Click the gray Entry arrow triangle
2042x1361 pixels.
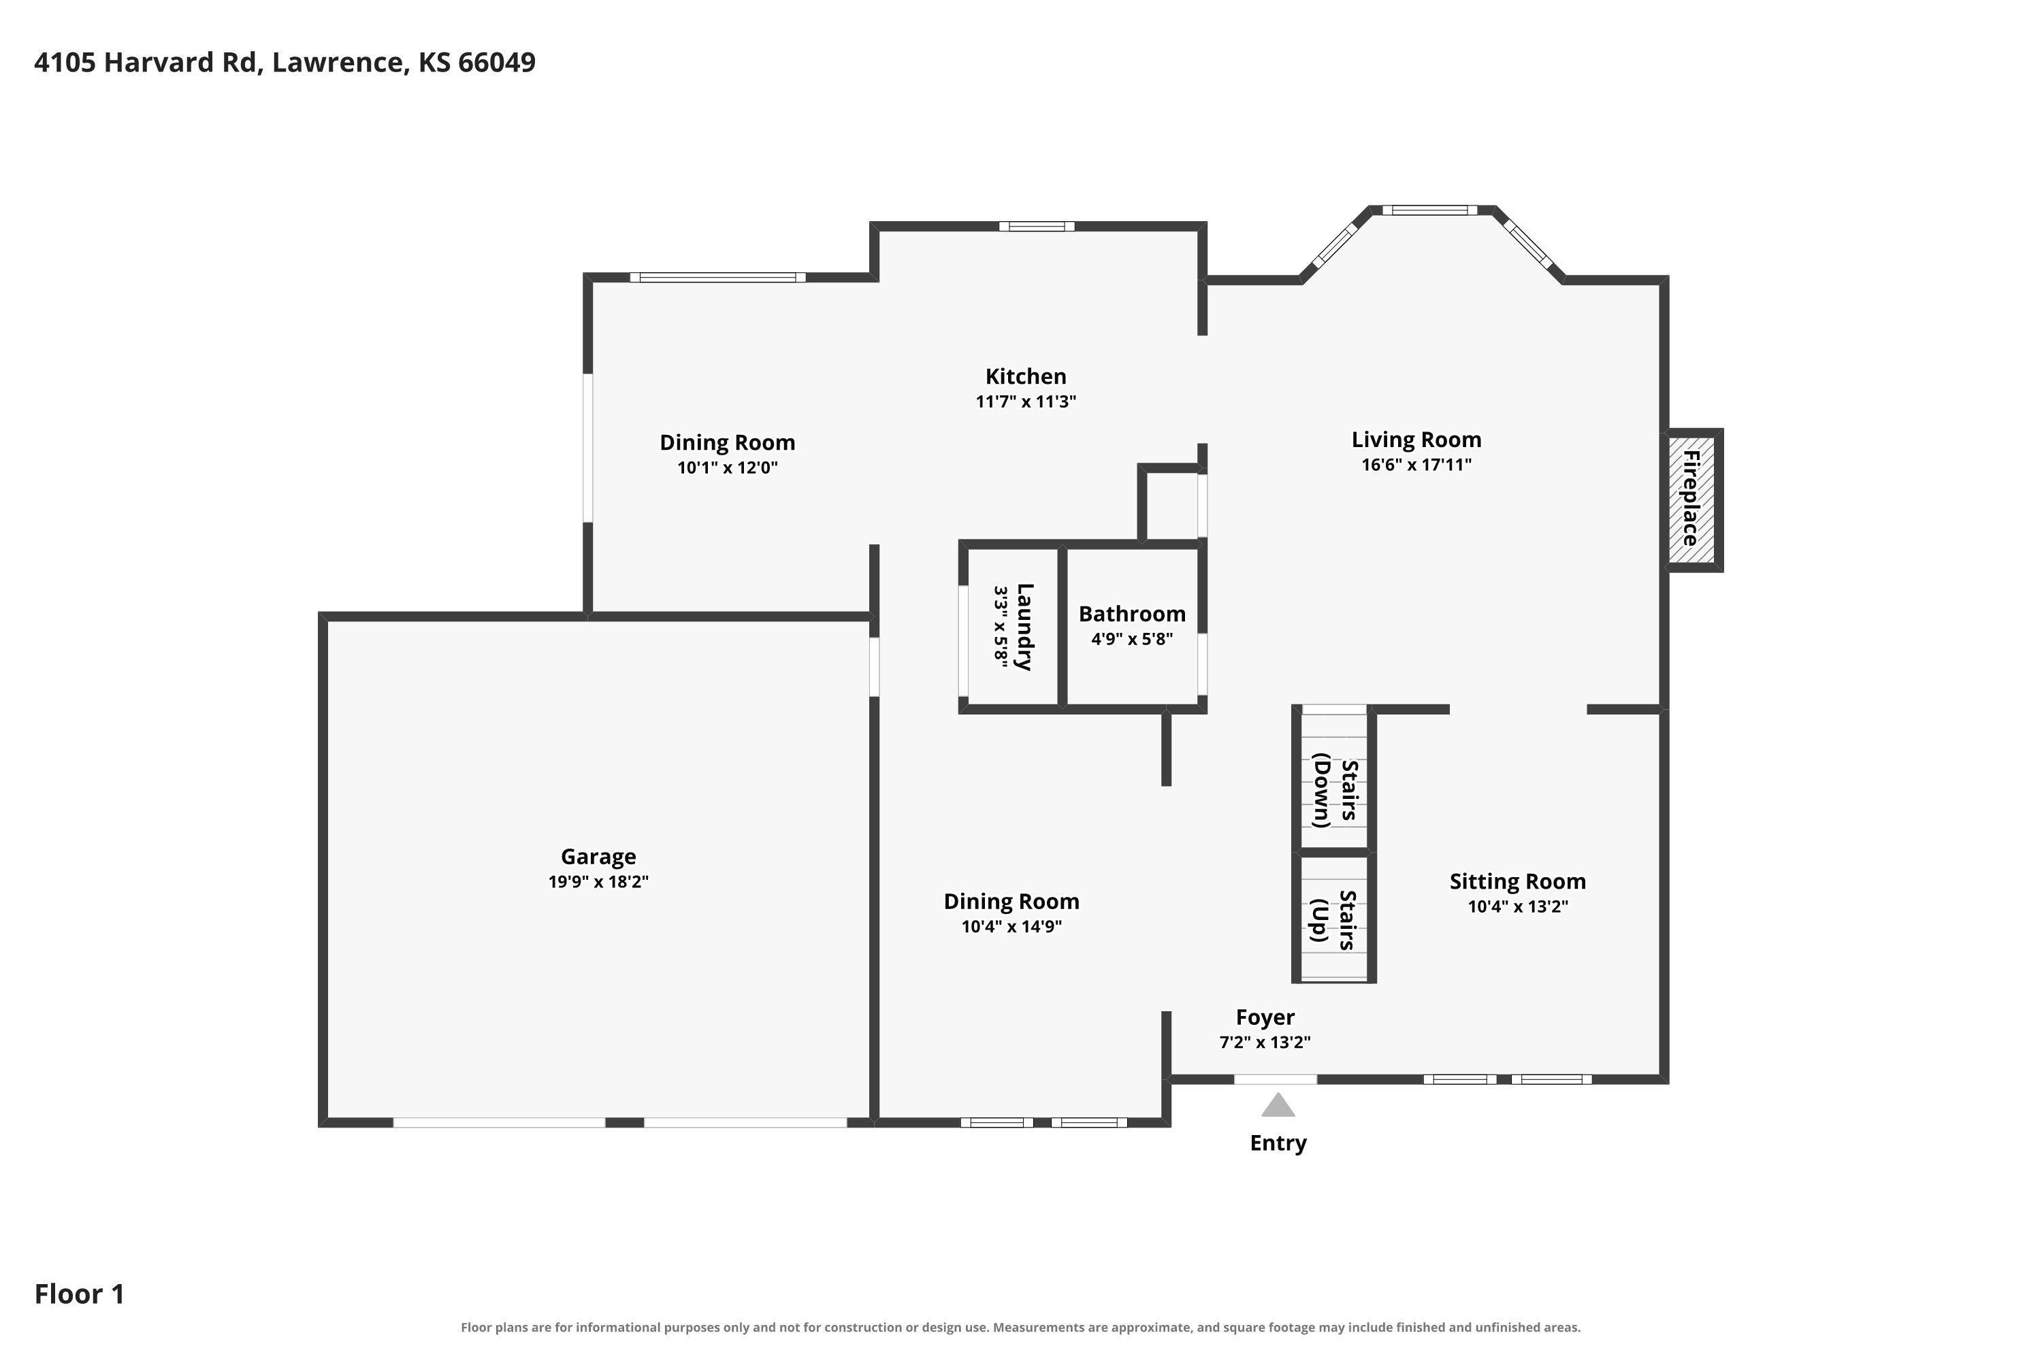click(x=1278, y=1105)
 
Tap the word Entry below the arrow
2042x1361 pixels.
click(x=1278, y=1143)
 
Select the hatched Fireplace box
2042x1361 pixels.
click(x=1691, y=499)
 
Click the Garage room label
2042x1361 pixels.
click(x=598, y=857)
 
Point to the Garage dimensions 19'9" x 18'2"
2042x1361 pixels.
click(x=598, y=882)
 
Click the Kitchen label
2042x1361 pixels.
click(x=1025, y=377)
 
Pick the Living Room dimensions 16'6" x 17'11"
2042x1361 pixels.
click(x=1416, y=464)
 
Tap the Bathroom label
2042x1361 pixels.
click(x=1132, y=614)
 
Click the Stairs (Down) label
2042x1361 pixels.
click(x=1335, y=790)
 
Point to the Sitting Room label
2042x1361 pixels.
click(x=1518, y=882)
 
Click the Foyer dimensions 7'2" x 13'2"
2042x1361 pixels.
click(x=1265, y=1043)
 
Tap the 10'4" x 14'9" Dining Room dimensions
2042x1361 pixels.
click(x=1011, y=926)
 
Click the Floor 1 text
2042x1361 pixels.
click(x=80, y=1294)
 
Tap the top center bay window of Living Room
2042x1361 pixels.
click(x=1429, y=210)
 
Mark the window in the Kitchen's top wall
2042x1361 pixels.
click(x=1037, y=227)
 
